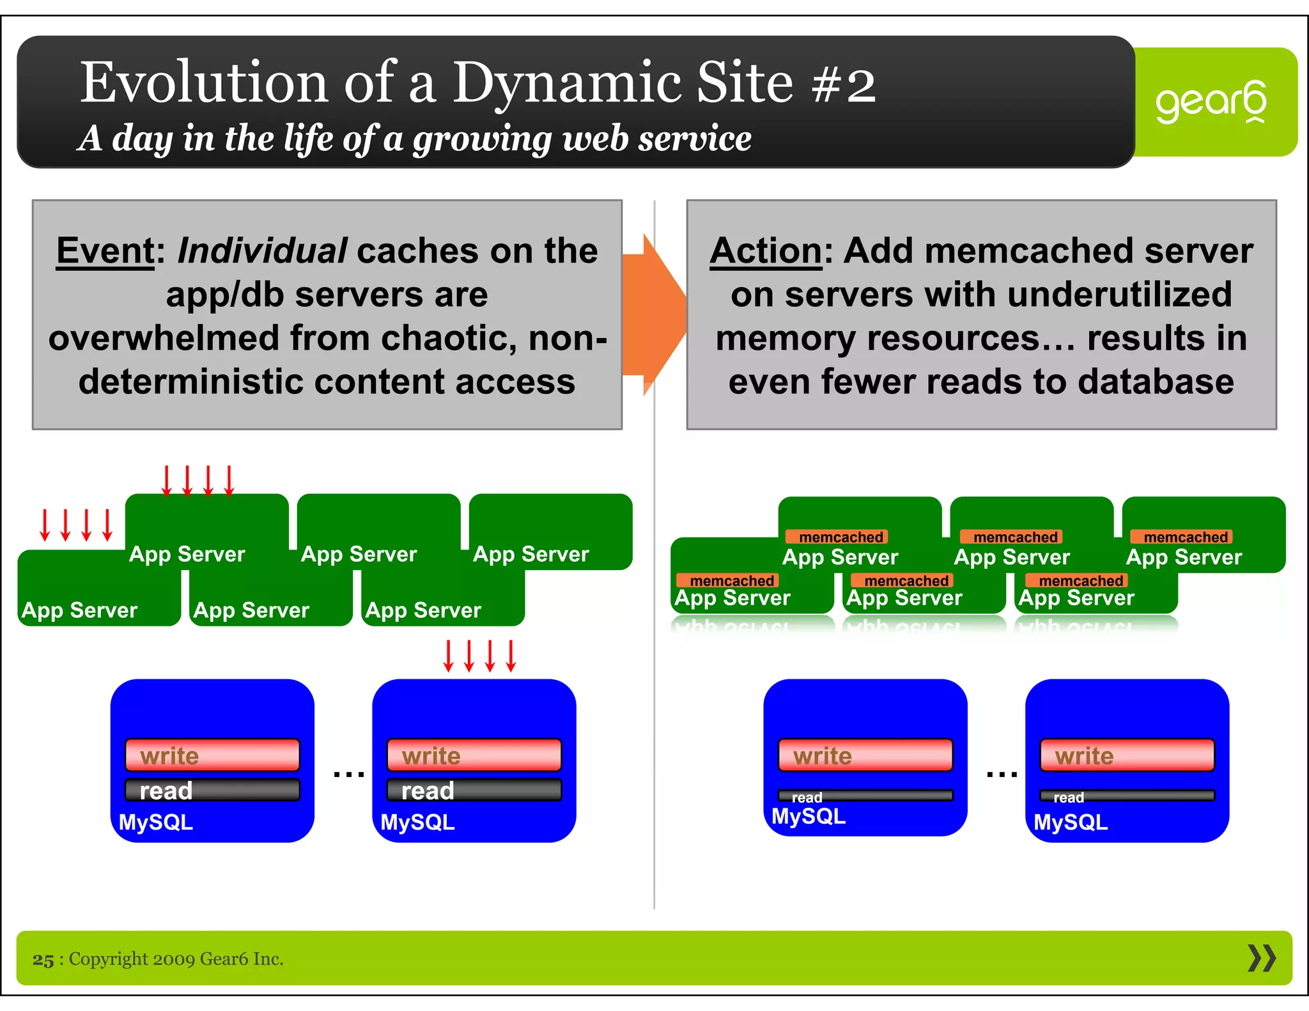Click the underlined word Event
coord(105,251)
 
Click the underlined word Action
coord(766,251)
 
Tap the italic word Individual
coord(262,251)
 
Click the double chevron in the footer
coord(1261,958)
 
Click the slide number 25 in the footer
coord(43,959)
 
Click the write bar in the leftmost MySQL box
coord(212,755)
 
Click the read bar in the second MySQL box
coord(474,791)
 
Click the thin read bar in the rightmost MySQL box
coord(1127,796)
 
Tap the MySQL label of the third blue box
coord(808,816)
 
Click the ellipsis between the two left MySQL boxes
coord(349,775)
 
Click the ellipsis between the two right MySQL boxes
coord(1002,775)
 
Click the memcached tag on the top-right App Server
coord(1185,537)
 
